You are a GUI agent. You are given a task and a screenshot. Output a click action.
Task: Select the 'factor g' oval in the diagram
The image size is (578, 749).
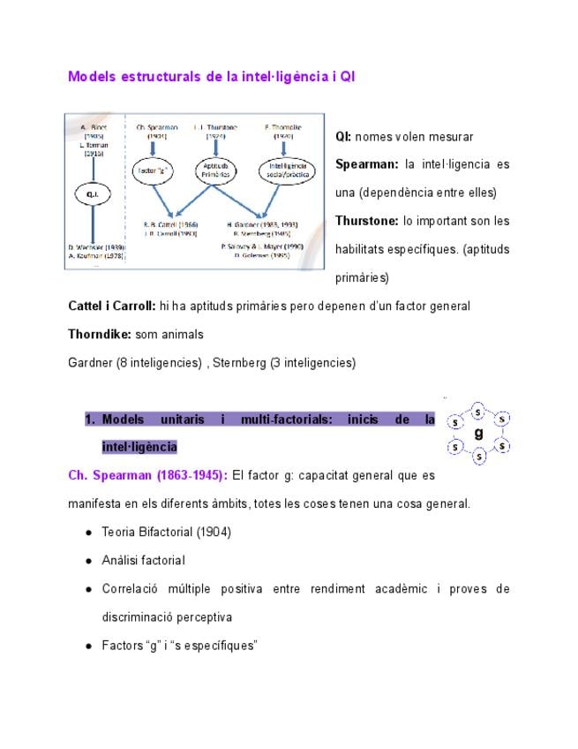(x=151, y=169)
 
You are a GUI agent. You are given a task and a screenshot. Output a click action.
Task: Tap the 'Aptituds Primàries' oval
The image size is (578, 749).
(x=215, y=169)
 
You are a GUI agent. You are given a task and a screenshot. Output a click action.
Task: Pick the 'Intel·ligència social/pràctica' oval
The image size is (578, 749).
(x=286, y=169)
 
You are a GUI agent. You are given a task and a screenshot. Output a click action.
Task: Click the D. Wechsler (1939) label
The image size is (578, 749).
(x=95, y=247)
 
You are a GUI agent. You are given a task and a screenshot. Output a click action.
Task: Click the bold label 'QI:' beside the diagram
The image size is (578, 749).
(x=342, y=137)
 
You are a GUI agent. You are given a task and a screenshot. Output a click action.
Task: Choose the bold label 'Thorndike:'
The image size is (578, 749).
(x=100, y=335)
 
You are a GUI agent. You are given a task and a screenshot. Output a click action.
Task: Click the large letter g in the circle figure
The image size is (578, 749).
(x=478, y=434)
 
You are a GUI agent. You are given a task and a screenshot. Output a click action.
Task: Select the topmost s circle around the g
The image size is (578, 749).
(x=478, y=411)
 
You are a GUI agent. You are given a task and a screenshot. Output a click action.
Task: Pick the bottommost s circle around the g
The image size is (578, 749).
(x=478, y=457)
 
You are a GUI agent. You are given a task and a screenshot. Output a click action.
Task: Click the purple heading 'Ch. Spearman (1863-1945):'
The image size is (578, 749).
(x=147, y=475)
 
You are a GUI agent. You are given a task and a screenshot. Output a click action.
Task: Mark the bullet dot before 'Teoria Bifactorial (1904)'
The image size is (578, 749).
(x=89, y=533)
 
